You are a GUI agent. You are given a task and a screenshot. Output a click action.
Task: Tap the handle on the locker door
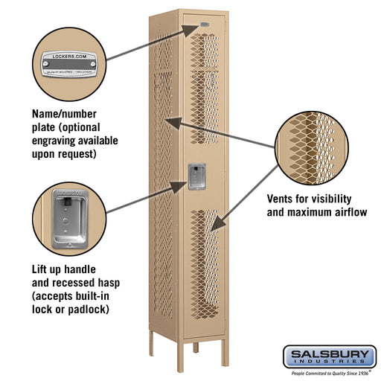(196, 177)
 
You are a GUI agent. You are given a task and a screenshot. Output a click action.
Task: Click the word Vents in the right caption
(283, 199)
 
